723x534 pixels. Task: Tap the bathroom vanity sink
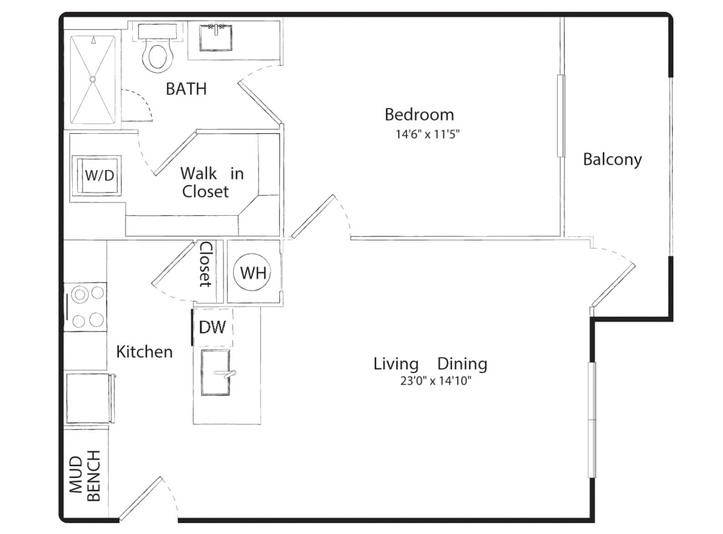coord(215,37)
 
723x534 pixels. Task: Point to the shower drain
coord(93,79)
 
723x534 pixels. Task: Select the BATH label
coord(186,89)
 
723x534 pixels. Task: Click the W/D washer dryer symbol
coord(97,176)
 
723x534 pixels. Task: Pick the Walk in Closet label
coord(212,182)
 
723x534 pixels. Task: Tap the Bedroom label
coord(419,115)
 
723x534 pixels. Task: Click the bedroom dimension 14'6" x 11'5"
coord(428,134)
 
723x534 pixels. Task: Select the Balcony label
coord(612,160)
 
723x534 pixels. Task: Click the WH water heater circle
coord(252,272)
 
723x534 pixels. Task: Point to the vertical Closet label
coord(206,265)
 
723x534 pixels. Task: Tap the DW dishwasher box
coord(213,327)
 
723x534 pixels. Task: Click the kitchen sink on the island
coord(215,373)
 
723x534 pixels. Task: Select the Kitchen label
coord(144,352)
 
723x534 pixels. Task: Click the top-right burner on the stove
coord(97,292)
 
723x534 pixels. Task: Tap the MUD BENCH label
coord(85,476)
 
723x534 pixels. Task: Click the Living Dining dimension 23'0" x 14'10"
coord(436,381)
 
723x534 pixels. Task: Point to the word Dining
coord(462,364)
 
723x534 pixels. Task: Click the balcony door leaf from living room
coord(613,286)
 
